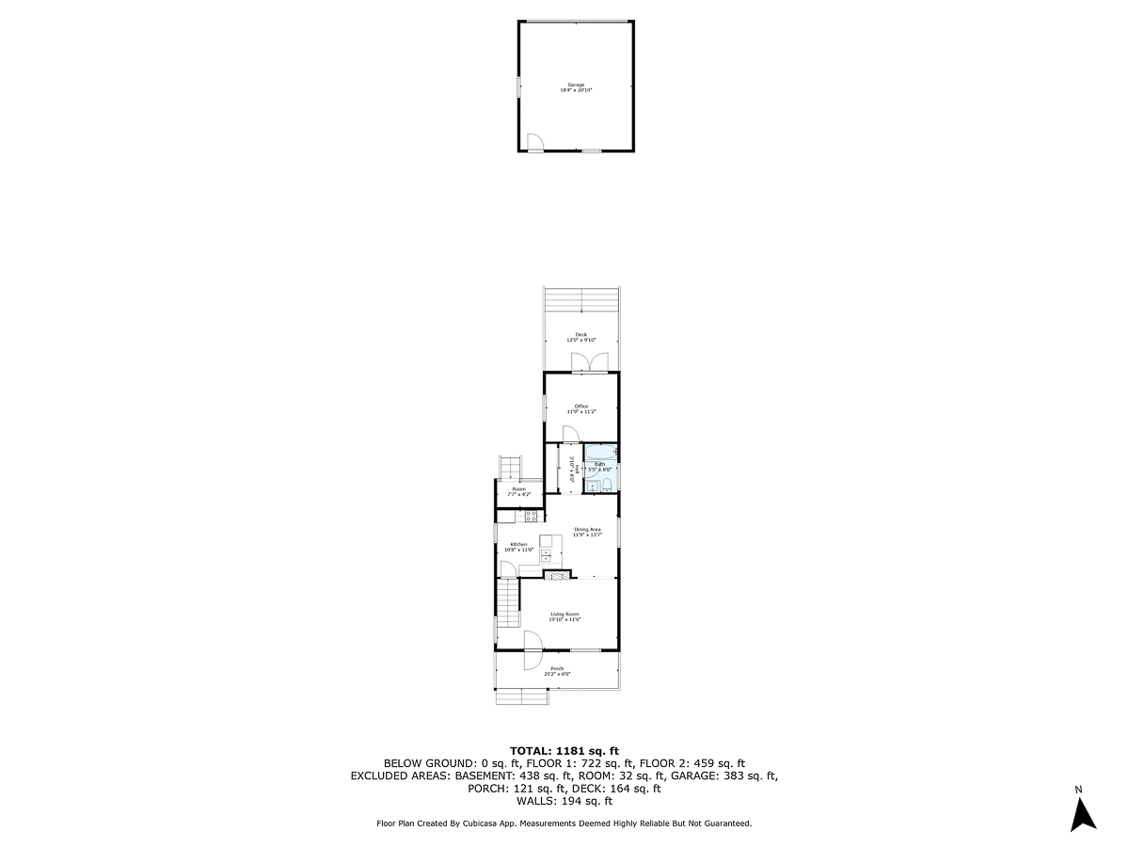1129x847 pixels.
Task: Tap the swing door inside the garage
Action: click(533, 144)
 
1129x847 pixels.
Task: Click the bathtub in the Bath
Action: click(601, 455)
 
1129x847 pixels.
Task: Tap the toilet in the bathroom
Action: click(608, 485)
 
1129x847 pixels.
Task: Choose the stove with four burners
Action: click(531, 515)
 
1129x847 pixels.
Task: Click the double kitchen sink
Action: click(546, 555)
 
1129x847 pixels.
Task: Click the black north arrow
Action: click(1084, 813)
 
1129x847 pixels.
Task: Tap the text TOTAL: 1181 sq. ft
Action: click(564, 750)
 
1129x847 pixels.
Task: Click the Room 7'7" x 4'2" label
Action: click(518, 491)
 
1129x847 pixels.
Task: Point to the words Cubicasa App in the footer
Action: click(500, 823)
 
